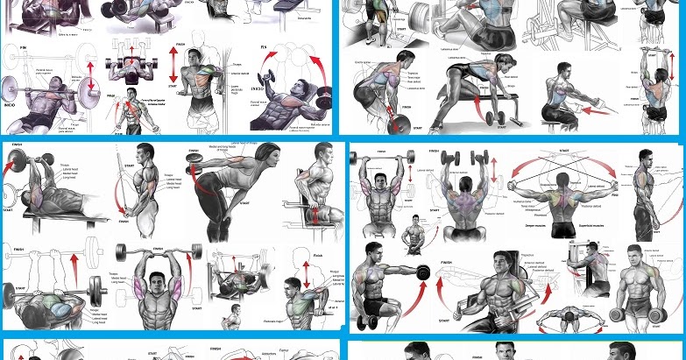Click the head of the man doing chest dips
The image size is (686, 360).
click(132, 94)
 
